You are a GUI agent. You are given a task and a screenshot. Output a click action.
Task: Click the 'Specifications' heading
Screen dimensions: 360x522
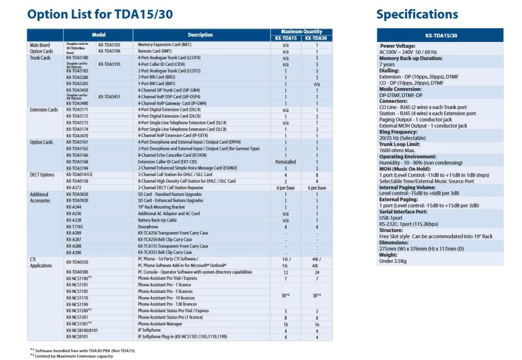416,13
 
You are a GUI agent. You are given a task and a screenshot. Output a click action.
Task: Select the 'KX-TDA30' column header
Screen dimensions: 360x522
313,37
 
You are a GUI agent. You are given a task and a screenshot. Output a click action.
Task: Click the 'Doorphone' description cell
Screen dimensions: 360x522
148,225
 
